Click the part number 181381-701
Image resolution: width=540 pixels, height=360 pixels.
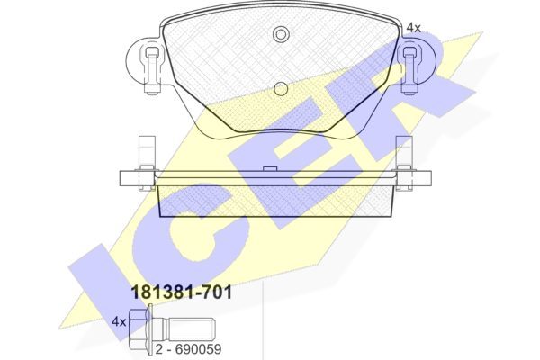(182, 293)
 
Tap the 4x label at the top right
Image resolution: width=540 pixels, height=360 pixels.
(414, 28)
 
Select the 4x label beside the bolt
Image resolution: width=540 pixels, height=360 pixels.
(119, 322)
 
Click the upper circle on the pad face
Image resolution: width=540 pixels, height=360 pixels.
(281, 34)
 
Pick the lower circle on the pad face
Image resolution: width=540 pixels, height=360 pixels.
(281, 89)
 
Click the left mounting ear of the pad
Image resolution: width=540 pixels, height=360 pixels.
(142, 61)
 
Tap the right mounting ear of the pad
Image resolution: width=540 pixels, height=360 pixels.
(418, 61)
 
